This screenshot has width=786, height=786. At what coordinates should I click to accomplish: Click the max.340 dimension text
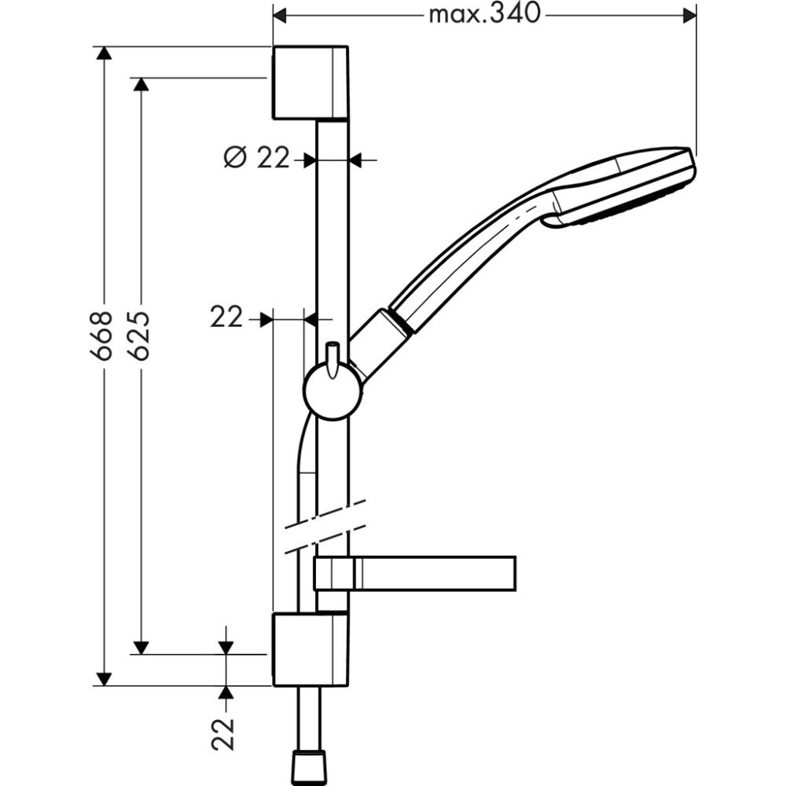tap(485, 14)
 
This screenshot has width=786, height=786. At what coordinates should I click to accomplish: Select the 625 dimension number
tap(139, 335)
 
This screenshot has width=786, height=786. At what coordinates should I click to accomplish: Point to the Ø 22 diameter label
tap(256, 159)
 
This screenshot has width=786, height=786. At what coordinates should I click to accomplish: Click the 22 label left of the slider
tap(226, 318)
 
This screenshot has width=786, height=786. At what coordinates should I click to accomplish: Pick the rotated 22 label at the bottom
tap(226, 733)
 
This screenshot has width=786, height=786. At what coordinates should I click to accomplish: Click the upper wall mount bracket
tap(310, 83)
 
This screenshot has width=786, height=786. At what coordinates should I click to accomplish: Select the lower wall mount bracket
tap(310, 650)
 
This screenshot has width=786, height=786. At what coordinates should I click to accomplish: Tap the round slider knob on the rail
tap(333, 391)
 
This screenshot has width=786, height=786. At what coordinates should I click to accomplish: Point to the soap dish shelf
tap(415, 573)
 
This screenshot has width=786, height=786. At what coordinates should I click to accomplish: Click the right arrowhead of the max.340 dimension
tap(689, 14)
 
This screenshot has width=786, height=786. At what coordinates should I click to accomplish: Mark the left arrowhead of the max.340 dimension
tap(281, 14)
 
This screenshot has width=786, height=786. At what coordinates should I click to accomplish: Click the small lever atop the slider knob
tap(332, 355)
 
